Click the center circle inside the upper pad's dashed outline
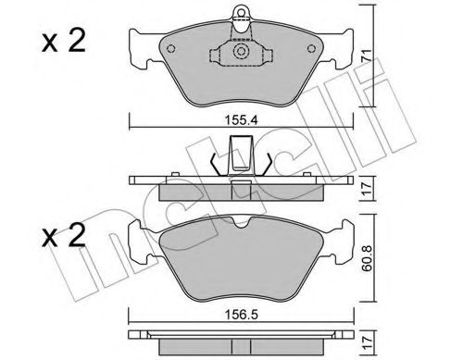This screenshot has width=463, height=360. pos(241,54)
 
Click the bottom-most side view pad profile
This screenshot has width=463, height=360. pos(241,341)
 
